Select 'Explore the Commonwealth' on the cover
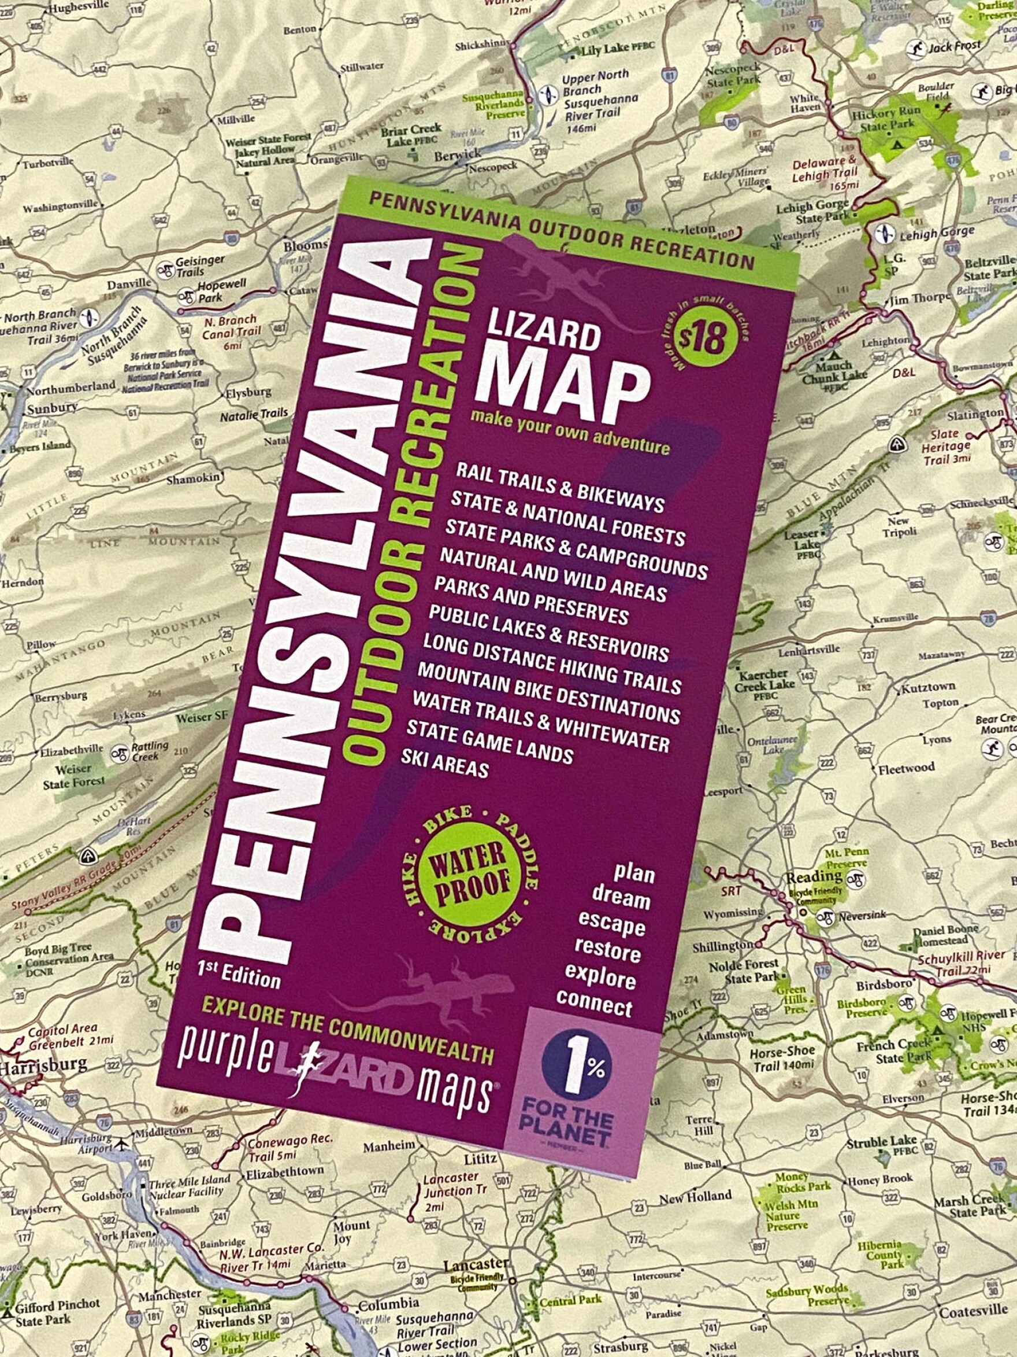point(348,1032)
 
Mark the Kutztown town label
point(927,688)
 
